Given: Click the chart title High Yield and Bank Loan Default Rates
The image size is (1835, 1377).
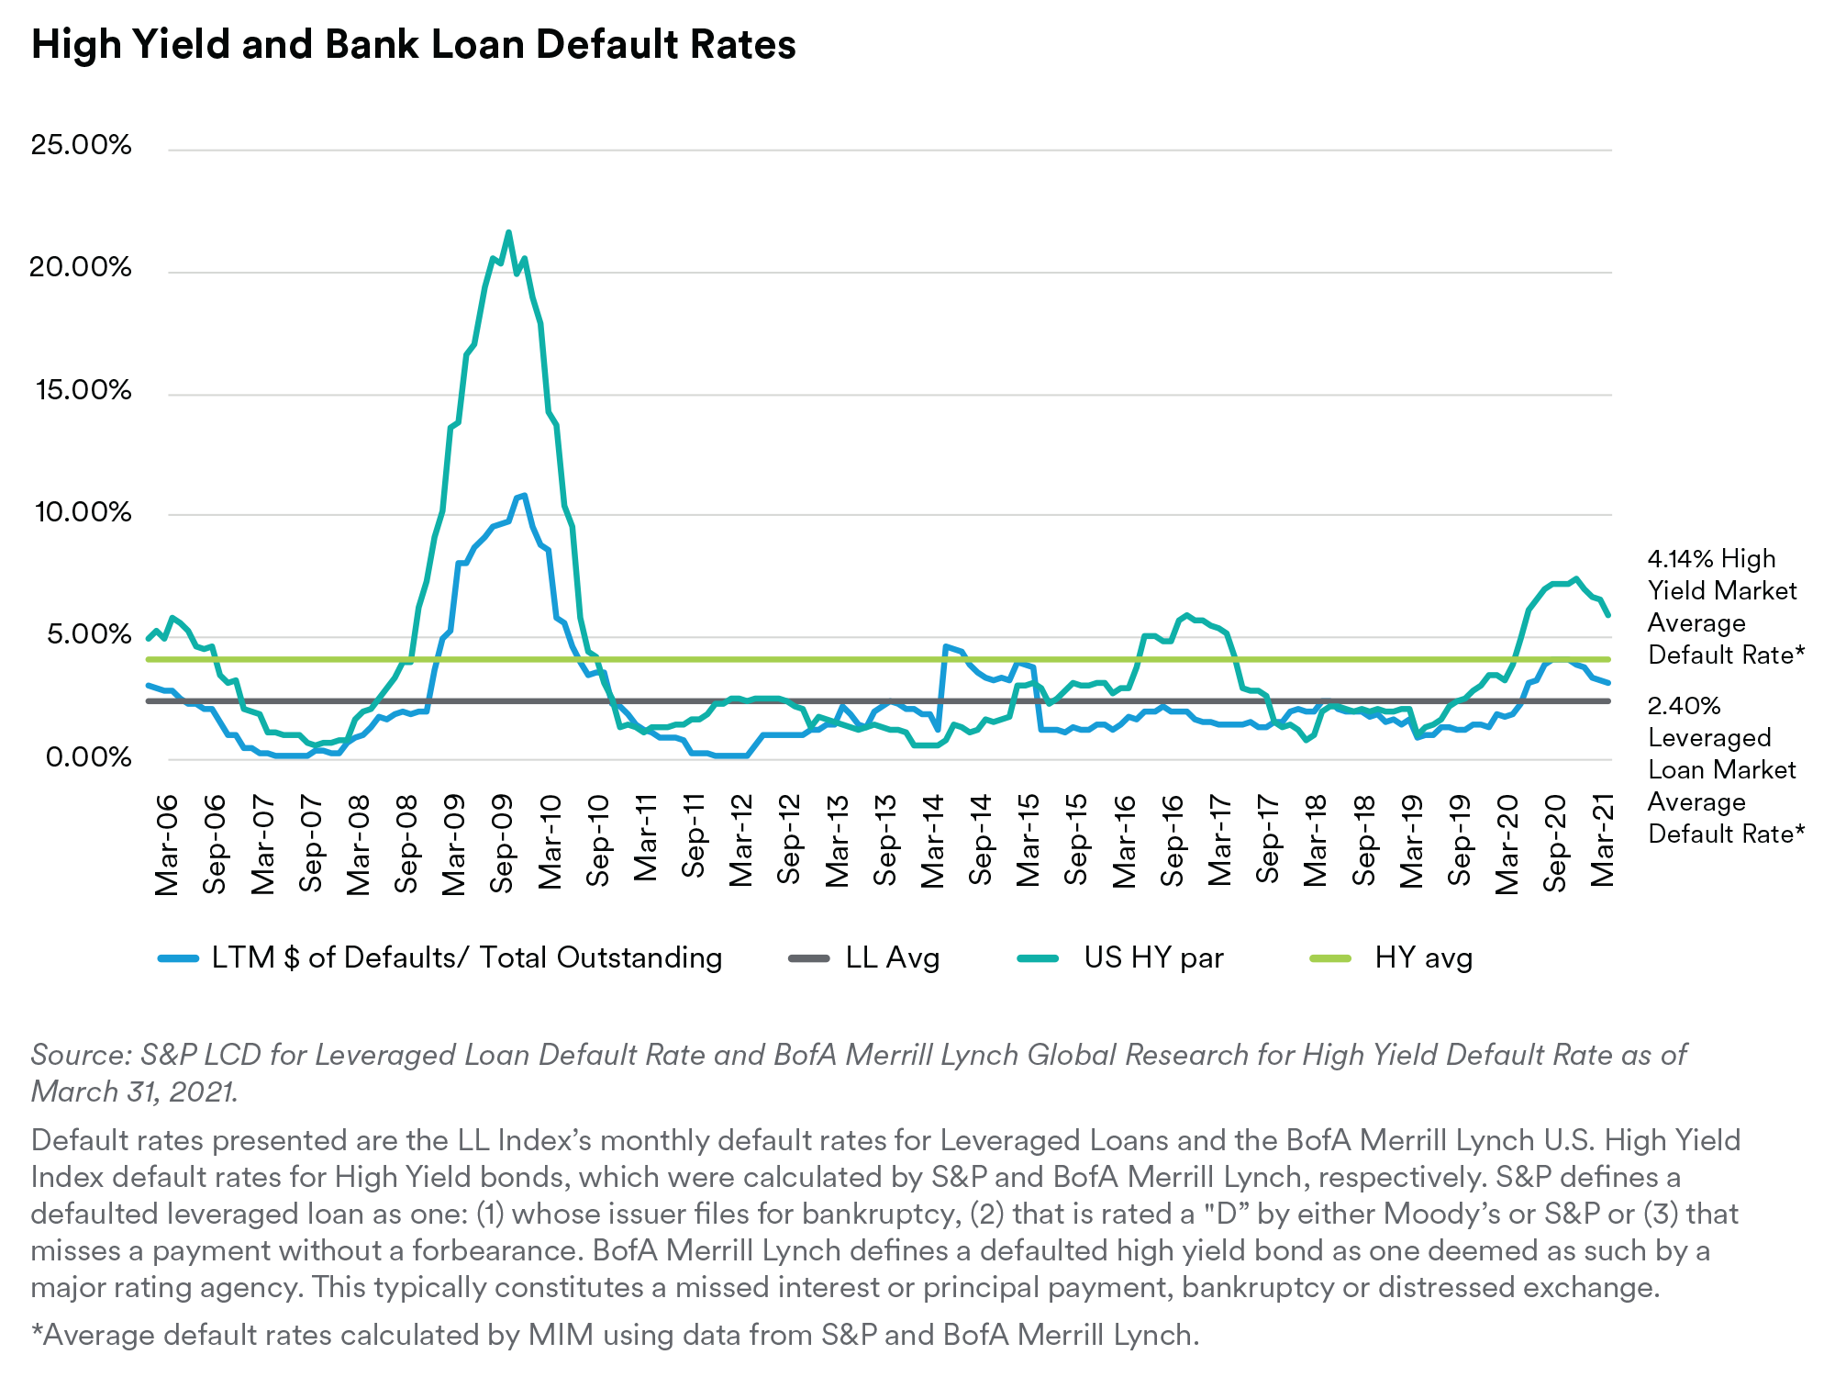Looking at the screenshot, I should click(x=413, y=44).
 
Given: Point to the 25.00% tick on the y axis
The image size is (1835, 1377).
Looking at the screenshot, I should click(x=82, y=145).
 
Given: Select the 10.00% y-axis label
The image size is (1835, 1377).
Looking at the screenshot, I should click(x=82, y=512).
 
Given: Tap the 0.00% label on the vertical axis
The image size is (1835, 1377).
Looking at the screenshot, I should click(x=88, y=757).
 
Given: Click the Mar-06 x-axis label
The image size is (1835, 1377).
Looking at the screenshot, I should click(x=167, y=845).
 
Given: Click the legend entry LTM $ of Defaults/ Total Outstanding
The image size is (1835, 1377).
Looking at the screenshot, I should click(x=466, y=957).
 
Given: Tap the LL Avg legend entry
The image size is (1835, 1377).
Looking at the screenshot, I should click(x=892, y=957).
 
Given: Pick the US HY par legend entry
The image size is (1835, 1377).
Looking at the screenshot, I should click(x=1153, y=957).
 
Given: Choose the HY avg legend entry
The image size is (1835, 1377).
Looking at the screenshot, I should click(x=1423, y=957).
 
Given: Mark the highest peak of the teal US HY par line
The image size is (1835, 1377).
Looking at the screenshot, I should click(x=508, y=232).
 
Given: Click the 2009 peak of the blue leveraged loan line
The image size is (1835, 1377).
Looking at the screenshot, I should click(x=523, y=495).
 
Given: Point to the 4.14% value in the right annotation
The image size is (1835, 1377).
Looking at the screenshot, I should click(x=1679, y=559).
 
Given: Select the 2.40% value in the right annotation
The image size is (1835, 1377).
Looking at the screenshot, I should click(x=1684, y=706).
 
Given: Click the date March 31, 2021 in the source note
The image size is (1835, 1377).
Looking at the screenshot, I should click(x=134, y=1092).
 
